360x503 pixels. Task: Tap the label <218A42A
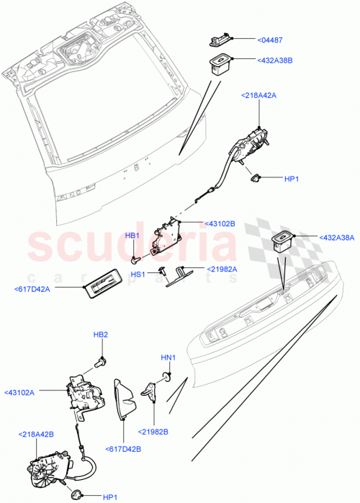coord(257,94)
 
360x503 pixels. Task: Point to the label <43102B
coord(221,223)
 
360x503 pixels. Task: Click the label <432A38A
coord(321,237)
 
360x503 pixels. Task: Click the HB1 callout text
coord(132,235)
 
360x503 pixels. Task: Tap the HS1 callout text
coord(138,274)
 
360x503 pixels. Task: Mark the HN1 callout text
coord(168,357)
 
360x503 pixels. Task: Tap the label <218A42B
coord(35,435)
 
